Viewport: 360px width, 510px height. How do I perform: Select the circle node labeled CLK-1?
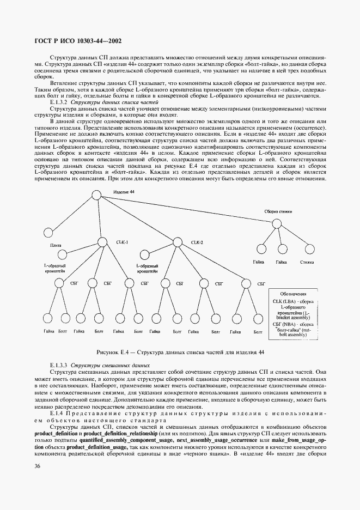click(103, 242)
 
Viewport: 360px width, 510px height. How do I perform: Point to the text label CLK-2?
click(197, 242)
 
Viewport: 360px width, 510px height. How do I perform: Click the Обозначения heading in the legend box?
click(297, 293)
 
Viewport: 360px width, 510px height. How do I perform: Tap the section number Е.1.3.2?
click(59, 102)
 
